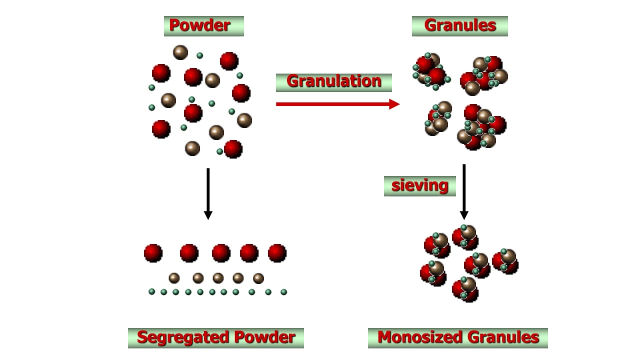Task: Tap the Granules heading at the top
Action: [x=460, y=25]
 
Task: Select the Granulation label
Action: [x=333, y=81]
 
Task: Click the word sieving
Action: [x=419, y=185]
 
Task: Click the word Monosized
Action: [x=419, y=337]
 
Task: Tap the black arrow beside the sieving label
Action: [x=464, y=192]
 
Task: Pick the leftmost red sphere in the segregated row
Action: [x=153, y=253]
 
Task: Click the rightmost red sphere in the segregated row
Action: [x=277, y=253]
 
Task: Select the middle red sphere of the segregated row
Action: [x=221, y=253]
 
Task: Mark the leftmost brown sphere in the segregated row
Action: [x=174, y=278]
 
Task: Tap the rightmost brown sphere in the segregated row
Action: [x=258, y=278]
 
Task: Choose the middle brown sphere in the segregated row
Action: [x=218, y=278]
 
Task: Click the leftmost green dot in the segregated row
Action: [x=152, y=291]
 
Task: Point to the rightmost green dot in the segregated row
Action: [x=283, y=292]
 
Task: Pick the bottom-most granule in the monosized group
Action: [x=465, y=289]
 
